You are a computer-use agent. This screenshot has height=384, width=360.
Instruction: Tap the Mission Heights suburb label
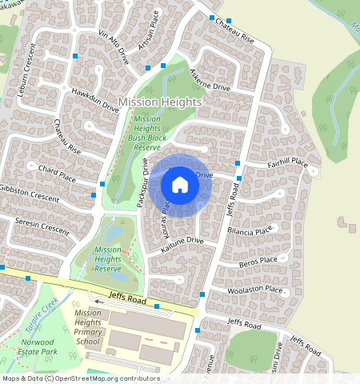(160, 102)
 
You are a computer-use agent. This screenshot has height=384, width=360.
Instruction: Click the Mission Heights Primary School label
(88, 327)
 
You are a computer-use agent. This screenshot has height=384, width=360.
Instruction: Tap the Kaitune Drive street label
(182, 244)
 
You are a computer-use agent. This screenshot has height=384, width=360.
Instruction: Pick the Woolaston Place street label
(255, 290)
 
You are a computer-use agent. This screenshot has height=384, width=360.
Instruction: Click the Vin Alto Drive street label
(113, 46)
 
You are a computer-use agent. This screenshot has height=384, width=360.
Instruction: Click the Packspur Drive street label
(143, 182)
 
